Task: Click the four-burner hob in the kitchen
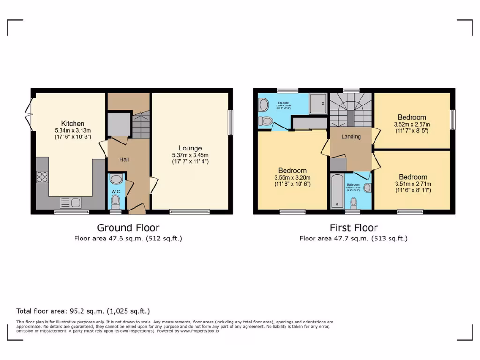coord(42,177)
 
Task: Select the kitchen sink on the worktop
coord(70,202)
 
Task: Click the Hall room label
coord(124,159)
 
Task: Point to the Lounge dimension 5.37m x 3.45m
coord(190,155)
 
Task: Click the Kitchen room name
coord(72,123)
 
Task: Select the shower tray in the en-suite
coord(317,103)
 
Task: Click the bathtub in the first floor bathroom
coord(337,191)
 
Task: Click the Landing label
coord(351,137)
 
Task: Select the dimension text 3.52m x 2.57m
coord(412,124)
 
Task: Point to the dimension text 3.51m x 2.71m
coord(413,184)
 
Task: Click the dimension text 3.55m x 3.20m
coord(292,178)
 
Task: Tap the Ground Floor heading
coord(128,228)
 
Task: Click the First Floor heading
coord(353,228)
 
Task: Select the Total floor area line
coord(83,311)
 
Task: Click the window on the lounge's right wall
coord(230,123)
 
